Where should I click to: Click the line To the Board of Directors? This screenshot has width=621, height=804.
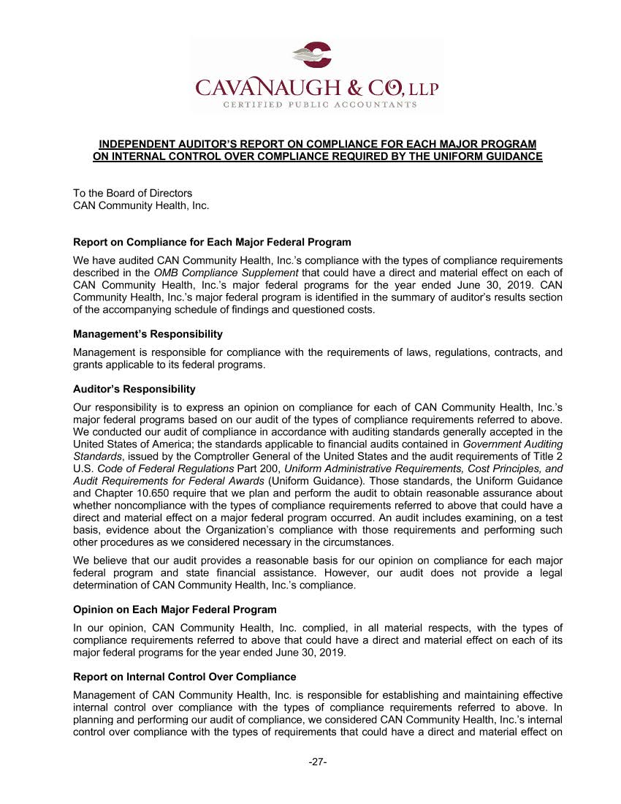point(132,194)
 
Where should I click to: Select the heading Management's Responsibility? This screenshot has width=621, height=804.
point(148,334)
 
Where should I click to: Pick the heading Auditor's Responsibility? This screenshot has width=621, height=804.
point(134,389)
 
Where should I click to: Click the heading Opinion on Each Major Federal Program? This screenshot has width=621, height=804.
point(175,610)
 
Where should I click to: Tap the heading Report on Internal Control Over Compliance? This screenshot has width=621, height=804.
point(185,677)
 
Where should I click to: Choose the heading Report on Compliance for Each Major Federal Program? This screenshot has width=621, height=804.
point(212,242)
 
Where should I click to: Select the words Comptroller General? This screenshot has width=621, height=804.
point(229,456)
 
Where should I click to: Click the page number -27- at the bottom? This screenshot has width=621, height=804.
point(317,762)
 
